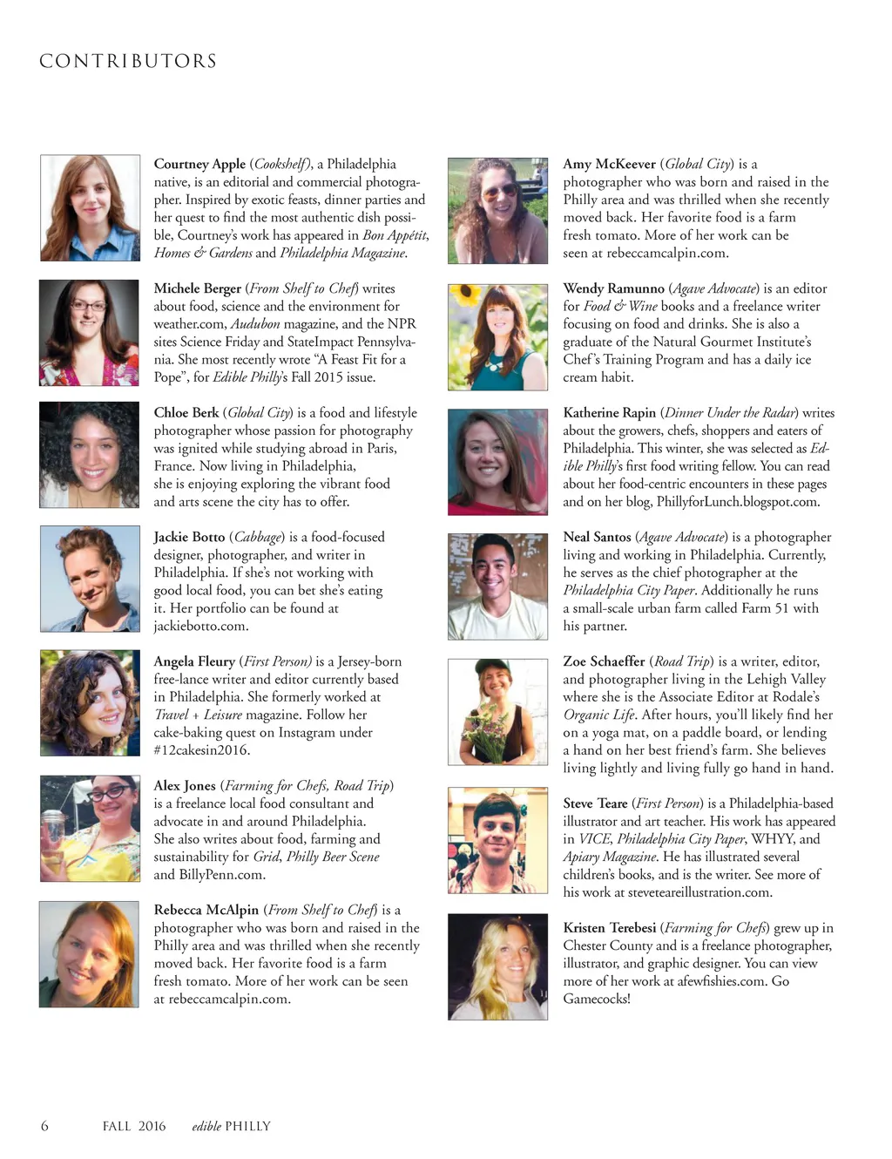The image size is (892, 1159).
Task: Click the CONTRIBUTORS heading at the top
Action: [x=128, y=62]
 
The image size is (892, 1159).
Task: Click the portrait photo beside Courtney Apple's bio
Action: [x=90, y=207]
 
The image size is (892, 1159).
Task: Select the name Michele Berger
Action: [x=197, y=288]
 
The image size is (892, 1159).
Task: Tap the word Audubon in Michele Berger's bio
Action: [x=255, y=324]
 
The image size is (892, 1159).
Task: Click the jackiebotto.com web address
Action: [x=201, y=626]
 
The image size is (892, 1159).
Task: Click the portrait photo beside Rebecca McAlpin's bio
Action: [x=89, y=954]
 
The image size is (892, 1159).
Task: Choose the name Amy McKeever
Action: [x=609, y=164]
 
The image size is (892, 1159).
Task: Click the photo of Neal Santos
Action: [x=497, y=586]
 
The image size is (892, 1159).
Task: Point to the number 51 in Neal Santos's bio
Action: [x=778, y=608]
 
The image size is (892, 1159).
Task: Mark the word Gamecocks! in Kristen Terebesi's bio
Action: [x=597, y=999]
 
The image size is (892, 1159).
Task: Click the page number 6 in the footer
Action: [x=44, y=1126]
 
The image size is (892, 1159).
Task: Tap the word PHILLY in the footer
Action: [x=247, y=1126]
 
